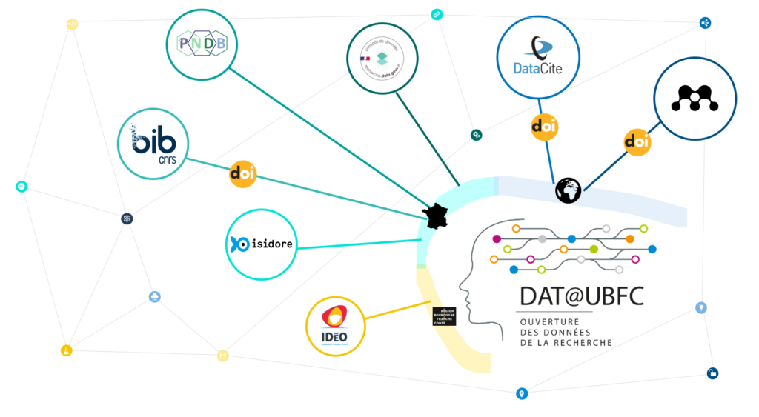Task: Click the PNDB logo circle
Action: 202,44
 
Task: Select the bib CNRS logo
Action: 153,143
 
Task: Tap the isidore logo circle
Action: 261,244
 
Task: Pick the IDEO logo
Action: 336,325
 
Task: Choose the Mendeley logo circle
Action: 695,100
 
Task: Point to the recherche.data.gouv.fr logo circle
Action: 382,59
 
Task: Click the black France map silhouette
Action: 436,216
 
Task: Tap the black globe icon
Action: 568,190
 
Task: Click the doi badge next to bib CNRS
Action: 242,173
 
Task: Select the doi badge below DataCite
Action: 545,127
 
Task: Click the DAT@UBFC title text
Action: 581,296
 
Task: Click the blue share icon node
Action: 705,23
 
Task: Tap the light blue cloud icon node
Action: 155,297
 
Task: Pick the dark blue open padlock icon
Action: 712,373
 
